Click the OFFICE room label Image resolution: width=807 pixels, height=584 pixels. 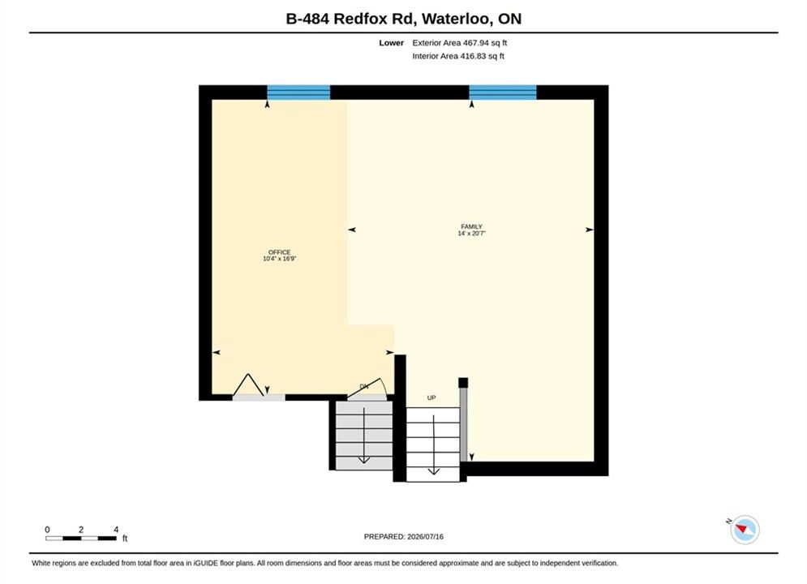pos(280,252)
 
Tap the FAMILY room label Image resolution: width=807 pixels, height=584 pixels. pos(471,226)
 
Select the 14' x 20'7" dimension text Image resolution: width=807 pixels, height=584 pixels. pos(471,233)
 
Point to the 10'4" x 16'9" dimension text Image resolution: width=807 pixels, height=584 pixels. pos(280,259)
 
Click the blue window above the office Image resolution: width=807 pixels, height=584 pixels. pos(298,92)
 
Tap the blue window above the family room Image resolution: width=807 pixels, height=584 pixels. pos(503,92)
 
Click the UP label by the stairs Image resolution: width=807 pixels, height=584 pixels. pos(431,397)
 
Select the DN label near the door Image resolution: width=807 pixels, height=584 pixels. pos(364,386)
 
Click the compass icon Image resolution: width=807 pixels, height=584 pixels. pos(745,530)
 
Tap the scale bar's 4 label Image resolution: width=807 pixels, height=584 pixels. pos(116,530)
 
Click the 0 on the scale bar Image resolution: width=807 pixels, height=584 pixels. pos(47,530)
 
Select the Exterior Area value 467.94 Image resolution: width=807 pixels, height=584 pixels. pos(476,43)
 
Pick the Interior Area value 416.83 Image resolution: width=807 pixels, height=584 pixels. pos(473,56)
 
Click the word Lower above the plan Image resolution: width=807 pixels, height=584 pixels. pos(391,43)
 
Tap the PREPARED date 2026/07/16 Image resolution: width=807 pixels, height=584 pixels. pos(425,537)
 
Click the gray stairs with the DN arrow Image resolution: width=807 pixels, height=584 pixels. pos(364,436)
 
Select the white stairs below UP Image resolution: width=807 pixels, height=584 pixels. pos(433,444)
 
